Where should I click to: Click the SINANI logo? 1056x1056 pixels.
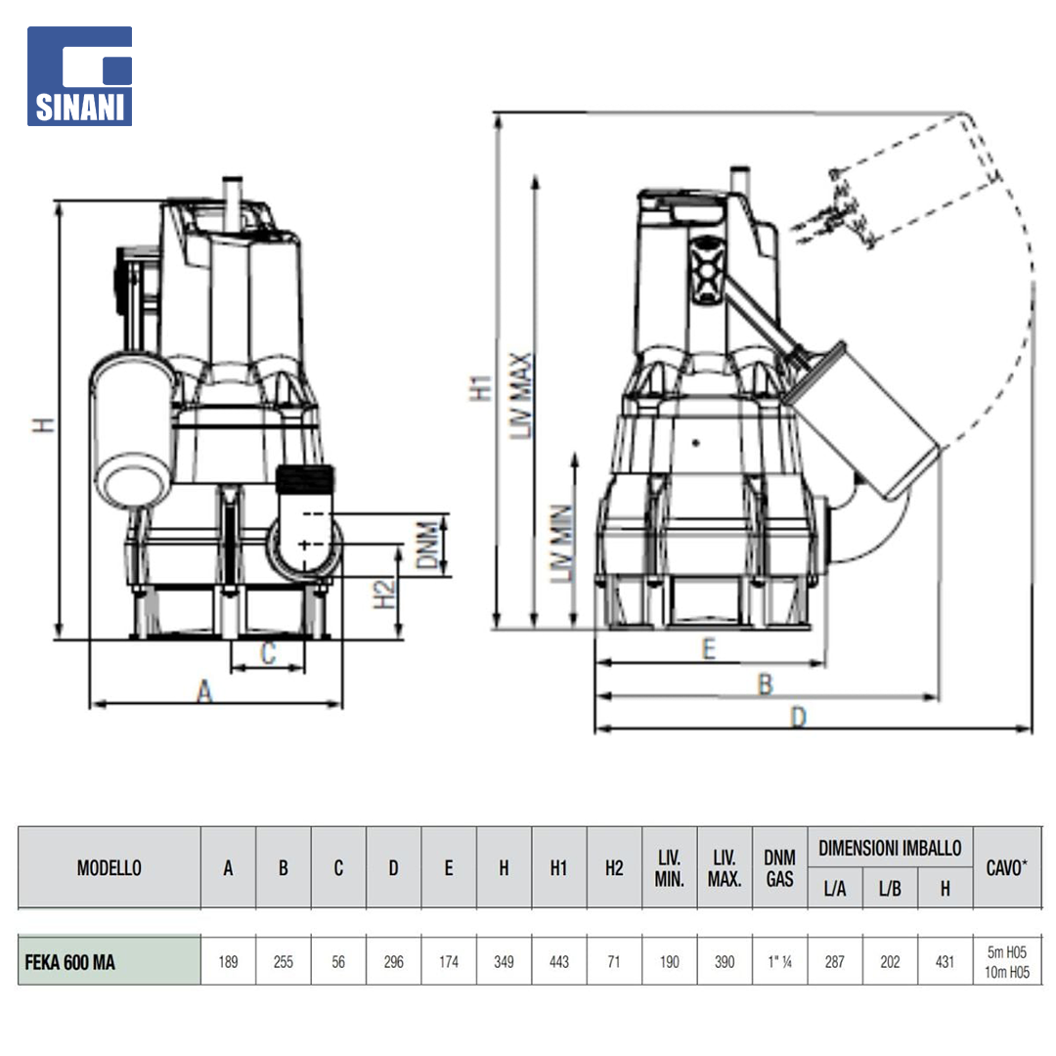[79, 76]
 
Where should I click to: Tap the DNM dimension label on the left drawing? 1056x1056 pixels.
[427, 545]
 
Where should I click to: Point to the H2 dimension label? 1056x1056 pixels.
[384, 594]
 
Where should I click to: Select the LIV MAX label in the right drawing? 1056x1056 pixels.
[520, 395]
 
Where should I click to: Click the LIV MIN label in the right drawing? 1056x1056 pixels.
[561, 544]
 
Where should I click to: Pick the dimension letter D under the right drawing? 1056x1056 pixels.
[798, 718]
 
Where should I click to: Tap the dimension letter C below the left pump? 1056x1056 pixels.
[268, 652]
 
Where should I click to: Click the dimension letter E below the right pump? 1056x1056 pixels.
[709, 648]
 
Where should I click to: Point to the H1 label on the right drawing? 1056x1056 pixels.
[481, 388]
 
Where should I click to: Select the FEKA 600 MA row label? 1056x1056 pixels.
[70, 962]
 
